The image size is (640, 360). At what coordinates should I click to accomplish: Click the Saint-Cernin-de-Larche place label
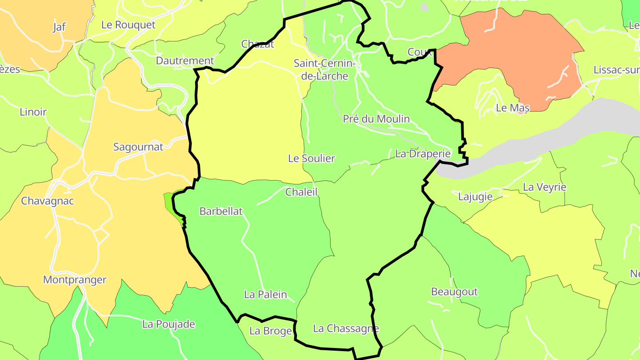(324, 70)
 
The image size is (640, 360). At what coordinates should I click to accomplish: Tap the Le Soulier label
(312, 158)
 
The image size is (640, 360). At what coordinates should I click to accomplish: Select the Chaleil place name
(302, 192)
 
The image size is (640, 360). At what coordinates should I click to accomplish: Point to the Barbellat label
(221, 211)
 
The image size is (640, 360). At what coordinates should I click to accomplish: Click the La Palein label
(265, 294)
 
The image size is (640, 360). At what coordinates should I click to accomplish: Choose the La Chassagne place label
(346, 328)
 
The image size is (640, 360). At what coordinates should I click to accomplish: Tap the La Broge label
(270, 331)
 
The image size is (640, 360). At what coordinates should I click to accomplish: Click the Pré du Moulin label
(376, 119)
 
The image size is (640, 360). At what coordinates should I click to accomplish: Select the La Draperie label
(423, 154)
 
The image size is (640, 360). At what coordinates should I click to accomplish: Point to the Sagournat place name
(138, 147)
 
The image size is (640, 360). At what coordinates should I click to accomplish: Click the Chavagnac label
(48, 201)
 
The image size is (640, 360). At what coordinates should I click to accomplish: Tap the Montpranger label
(75, 280)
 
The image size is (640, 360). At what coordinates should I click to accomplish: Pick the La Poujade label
(168, 324)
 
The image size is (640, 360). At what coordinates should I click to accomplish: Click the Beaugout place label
(454, 292)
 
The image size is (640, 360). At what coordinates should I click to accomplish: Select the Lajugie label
(475, 196)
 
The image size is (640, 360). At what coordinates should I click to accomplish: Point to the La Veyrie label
(544, 187)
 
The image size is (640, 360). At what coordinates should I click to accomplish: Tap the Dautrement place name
(185, 61)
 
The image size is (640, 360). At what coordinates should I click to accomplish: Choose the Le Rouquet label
(128, 25)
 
